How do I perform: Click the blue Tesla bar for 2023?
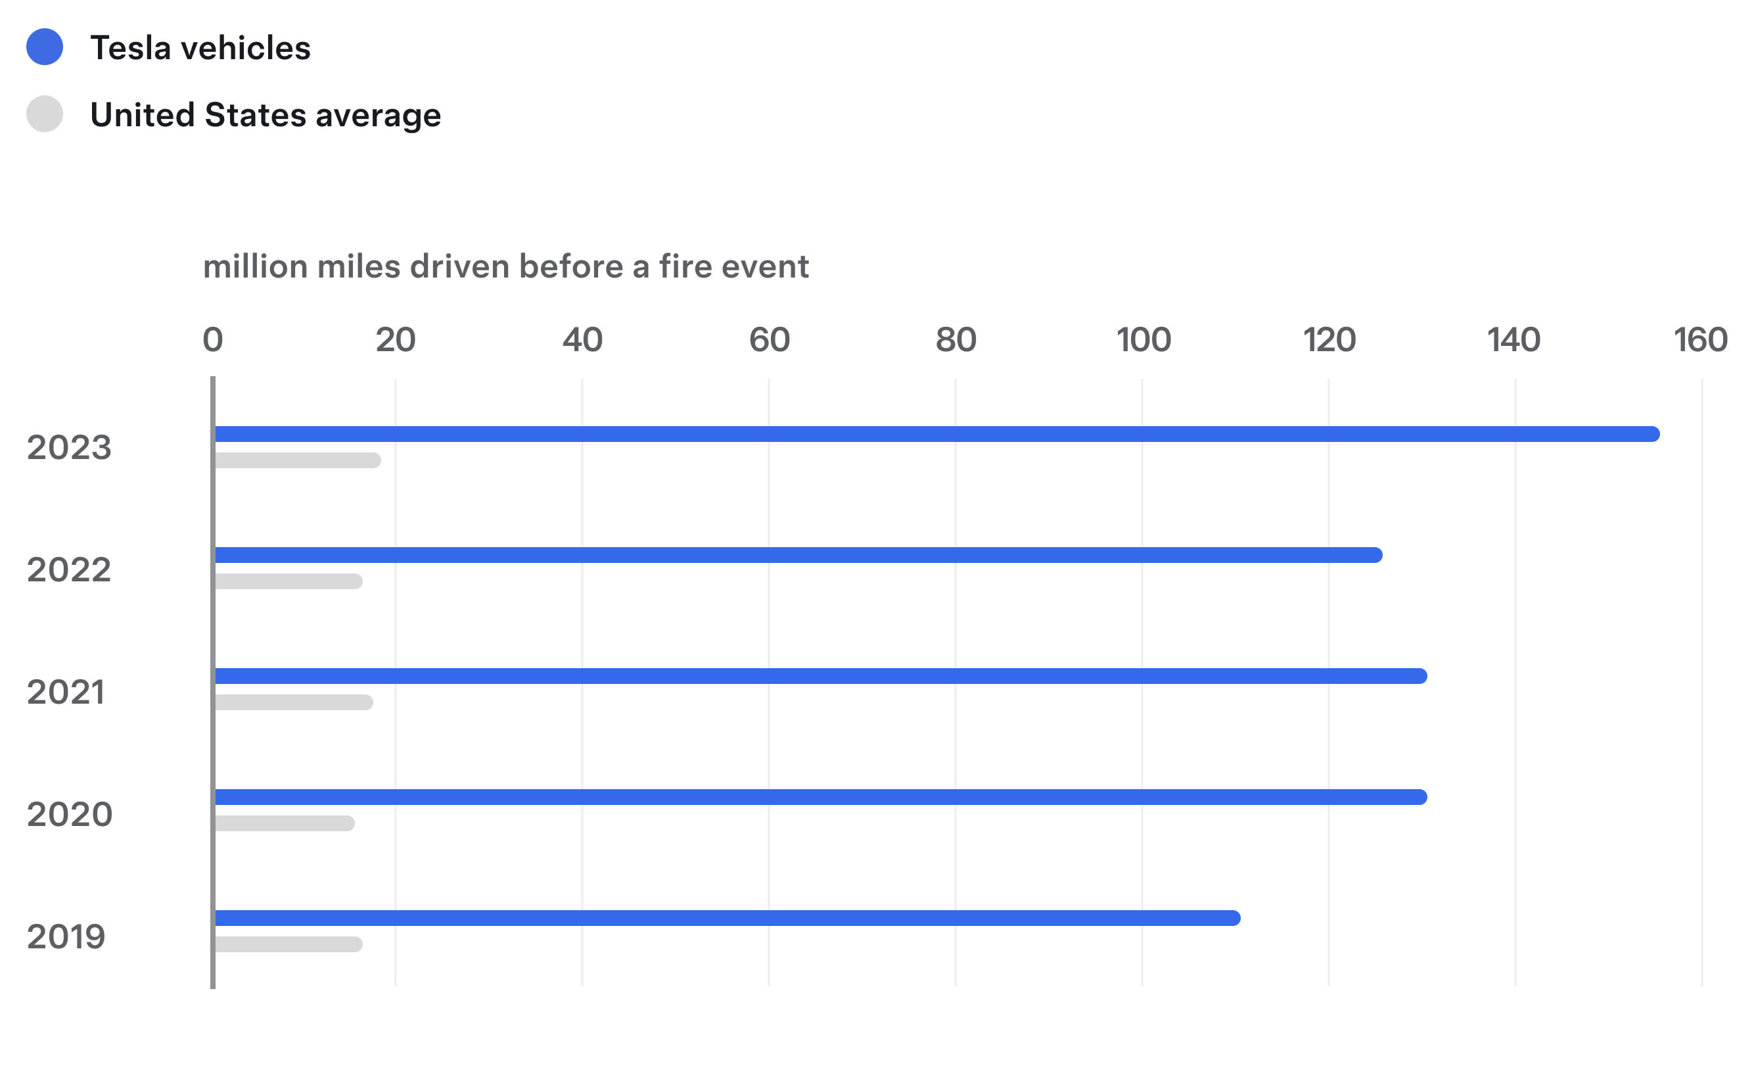tap(936, 434)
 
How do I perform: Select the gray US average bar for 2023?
tap(297, 460)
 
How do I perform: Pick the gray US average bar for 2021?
tap(294, 702)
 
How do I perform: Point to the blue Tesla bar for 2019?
tap(727, 918)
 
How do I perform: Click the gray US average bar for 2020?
tap(285, 823)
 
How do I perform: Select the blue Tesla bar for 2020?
tap(820, 797)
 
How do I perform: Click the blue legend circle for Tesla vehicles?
tap(45, 47)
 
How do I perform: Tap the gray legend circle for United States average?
tap(45, 114)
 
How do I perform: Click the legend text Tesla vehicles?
tap(200, 49)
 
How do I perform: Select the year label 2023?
tap(69, 448)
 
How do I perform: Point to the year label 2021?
tap(66, 692)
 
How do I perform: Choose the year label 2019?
tap(66, 937)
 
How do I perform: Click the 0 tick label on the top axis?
tap(213, 340)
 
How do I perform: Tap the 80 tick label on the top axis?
tap(956, 340)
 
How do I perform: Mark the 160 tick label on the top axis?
tap(1700, 340)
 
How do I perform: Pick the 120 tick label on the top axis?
tap(1329, 340)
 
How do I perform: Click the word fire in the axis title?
tap(685, 266)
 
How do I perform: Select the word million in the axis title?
tap(256, 266)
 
